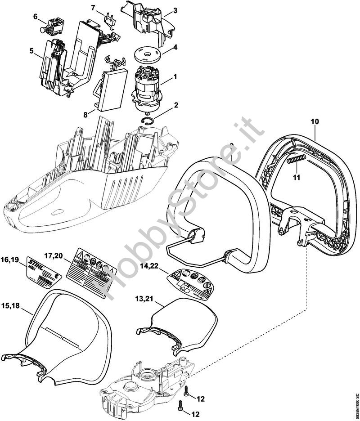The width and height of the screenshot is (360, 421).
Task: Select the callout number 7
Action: [93, 8]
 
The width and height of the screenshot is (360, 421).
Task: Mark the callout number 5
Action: [31, 51]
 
